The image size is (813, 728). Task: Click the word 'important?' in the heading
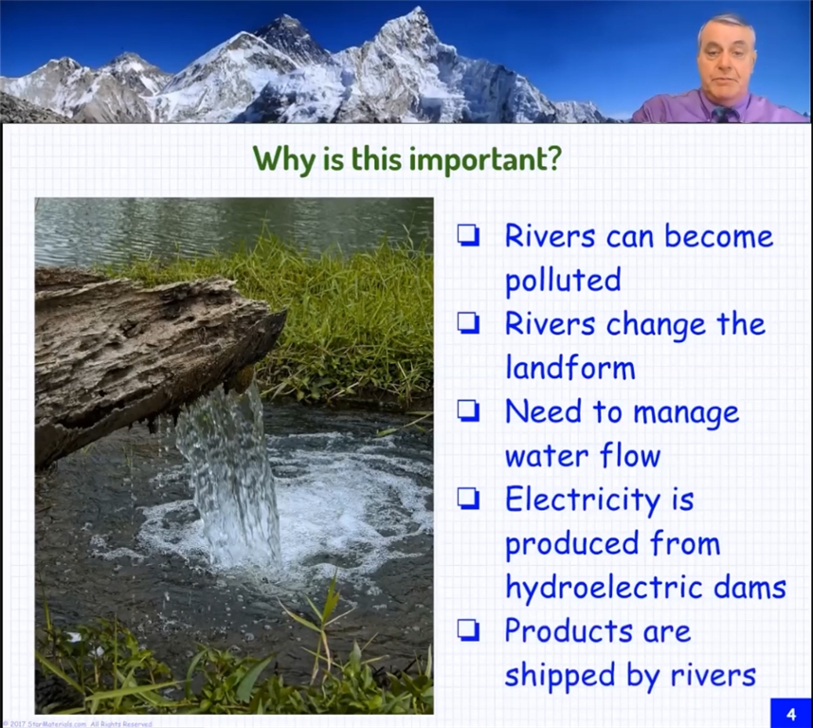click(486, 160)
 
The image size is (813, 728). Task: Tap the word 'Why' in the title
click(284, 160)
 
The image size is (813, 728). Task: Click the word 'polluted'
click(563, 281)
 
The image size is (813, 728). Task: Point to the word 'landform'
click(570, 368)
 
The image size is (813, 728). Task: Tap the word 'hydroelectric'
click(603, 589)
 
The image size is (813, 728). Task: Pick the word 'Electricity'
click(583, 500)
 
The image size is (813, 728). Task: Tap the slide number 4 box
click(791, 714)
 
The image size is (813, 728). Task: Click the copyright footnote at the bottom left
click(77, 723)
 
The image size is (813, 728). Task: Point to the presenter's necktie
click(722, 114)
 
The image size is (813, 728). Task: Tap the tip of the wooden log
click(284, 312)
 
